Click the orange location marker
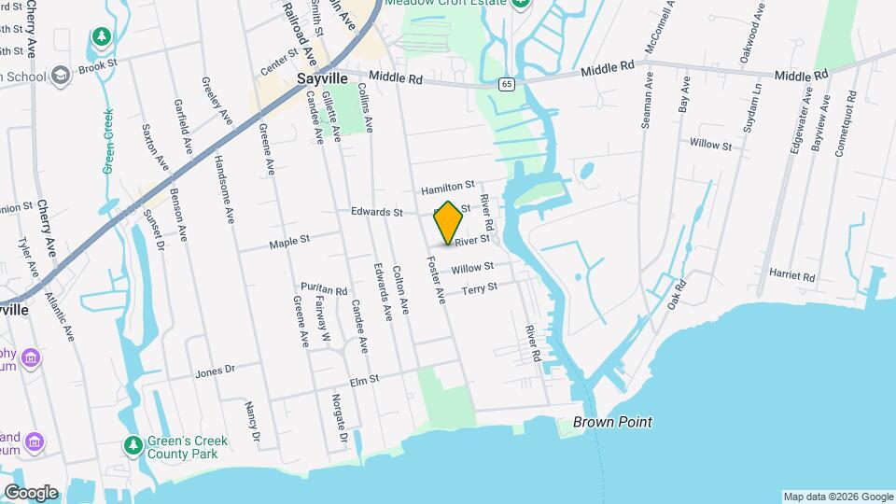(x=449, y=223)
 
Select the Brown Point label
(x=612, y=422)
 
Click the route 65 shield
(x=506, y=84)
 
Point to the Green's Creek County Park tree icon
(x=133, y=445)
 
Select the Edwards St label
(x=376, y=212)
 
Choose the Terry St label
(x=480, y=288)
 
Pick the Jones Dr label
(x=215, y=371)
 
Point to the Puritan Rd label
(x=324, y=290)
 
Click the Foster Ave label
(x=436, y=278)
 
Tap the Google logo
(x=30, y=493)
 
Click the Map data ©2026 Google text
(x=837, y=497)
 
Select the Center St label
(x=278, y=64)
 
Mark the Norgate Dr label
(x=340, y=418)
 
